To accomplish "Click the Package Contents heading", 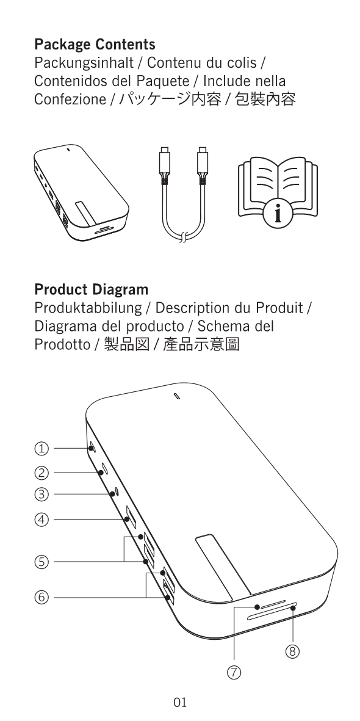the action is coord(95,45).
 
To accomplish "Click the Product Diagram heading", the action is coord(92,290).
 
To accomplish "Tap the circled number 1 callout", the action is coord(42,448).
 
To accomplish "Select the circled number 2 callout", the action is coord(42,473).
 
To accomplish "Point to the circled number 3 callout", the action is coord(42,495).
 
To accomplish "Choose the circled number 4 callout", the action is coord(42,520).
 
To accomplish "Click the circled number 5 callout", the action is coord(42,562).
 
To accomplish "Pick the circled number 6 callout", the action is coord(42,597).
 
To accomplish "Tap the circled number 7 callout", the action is coord(234,673).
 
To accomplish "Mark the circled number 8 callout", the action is coord(292,651).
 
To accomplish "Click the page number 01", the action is coord(180,703).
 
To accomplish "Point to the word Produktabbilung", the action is coord(88,308).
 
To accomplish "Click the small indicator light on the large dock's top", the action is coord(178,396).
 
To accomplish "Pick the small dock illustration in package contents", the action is coord(81,192).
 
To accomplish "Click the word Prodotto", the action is coord(62,345).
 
